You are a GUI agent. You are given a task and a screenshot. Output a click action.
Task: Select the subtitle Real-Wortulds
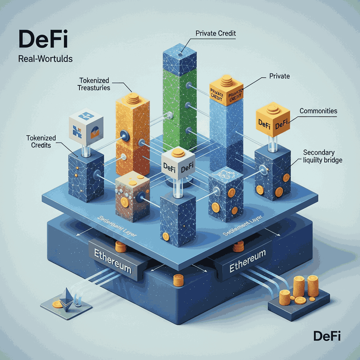[x=45, y=58]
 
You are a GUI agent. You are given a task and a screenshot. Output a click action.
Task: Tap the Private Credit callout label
[x=215, y=34]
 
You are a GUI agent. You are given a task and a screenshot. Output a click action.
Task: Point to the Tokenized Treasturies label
[x=95, y=84]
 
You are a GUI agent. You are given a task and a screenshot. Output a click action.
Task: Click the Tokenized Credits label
[x=39, y=141]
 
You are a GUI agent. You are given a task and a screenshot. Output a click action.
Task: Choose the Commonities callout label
[x=318, y=111]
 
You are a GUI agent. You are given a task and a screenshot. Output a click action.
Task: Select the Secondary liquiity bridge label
[x=322, y=156]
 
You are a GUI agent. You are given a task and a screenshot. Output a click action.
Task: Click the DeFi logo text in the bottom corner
[x=327, y=336]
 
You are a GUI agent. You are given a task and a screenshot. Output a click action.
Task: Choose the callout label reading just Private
[x=279, y=76]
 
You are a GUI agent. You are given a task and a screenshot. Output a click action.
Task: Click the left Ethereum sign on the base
[x=112, y=261]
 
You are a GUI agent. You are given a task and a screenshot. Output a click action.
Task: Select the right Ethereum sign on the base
[x=247, y=262]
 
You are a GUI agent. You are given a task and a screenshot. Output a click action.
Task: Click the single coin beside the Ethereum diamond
[x=56, y=304]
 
